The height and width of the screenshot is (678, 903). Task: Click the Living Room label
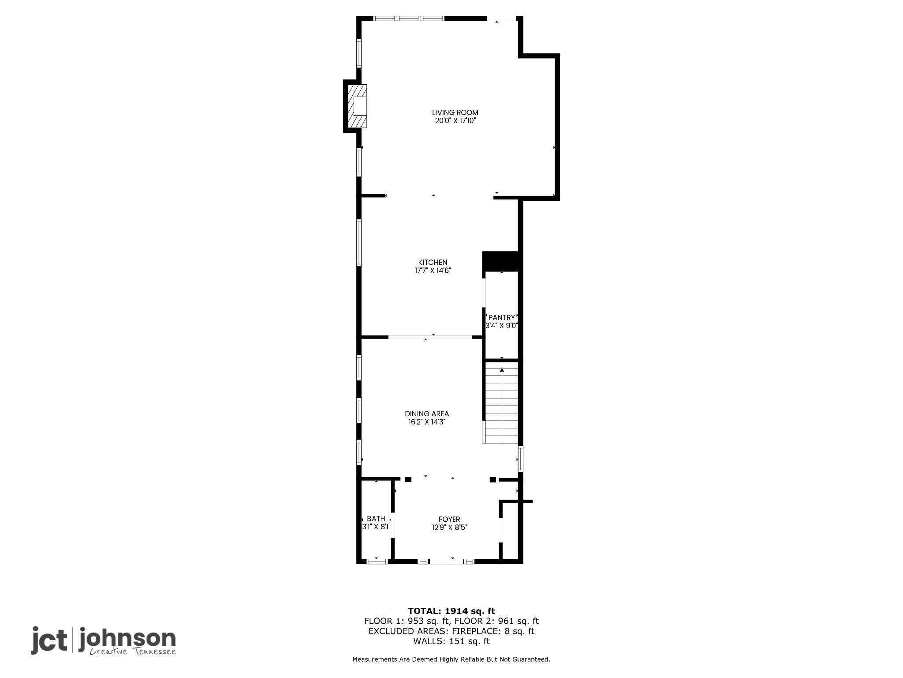455,113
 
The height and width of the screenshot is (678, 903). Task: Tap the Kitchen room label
433,262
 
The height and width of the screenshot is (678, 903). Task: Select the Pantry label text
502,317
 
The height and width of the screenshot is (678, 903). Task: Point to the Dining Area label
427,414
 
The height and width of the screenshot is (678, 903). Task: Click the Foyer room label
449,519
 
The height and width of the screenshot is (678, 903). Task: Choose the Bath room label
376,519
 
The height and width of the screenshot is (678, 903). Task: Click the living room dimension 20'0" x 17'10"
455,121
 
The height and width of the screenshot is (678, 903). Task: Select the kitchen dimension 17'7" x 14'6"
433,271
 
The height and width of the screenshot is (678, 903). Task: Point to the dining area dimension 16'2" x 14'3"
427,422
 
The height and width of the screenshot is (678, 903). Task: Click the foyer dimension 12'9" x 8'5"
449,527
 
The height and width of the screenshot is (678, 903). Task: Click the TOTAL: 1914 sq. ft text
451,611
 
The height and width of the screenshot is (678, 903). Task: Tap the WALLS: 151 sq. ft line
451,641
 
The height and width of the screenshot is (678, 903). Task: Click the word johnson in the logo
127,640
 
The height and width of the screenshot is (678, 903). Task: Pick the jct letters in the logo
49,640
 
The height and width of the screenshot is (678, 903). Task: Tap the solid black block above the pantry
502,261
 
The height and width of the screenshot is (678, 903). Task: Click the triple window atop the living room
409,19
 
